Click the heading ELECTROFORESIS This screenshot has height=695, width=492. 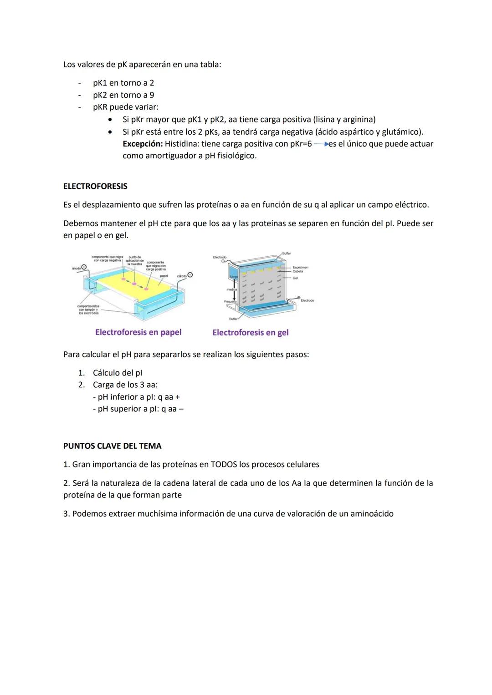[95, 186]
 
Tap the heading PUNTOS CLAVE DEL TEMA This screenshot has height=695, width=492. [112, 446]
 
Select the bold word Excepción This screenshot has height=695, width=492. [143, 144]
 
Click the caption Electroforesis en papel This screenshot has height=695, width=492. [138, 332]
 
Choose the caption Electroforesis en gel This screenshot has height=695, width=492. [250, 333]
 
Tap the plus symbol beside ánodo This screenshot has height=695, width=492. [84, 267]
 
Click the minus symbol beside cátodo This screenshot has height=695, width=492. [190, 275]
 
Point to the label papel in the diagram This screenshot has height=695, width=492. [164, 276]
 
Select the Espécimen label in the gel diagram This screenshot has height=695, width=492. [300, 267]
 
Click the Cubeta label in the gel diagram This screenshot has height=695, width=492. [297, 271]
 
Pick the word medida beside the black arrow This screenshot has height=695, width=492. [232, 289]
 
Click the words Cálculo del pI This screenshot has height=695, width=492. [117, 373]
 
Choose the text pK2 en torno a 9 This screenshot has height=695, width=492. [123, 95]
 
